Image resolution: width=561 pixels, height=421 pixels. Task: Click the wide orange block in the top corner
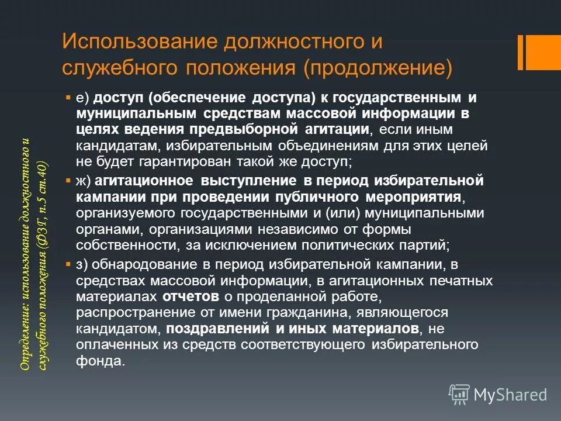tap(544, 51)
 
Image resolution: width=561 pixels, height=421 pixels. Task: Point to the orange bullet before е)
tap(68, 95)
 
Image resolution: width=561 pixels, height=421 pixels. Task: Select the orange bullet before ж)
tap(68, 180)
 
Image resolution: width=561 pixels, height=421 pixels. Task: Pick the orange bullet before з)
tap(68, 264)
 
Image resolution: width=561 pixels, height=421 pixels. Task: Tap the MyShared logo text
tap(510, 395)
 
